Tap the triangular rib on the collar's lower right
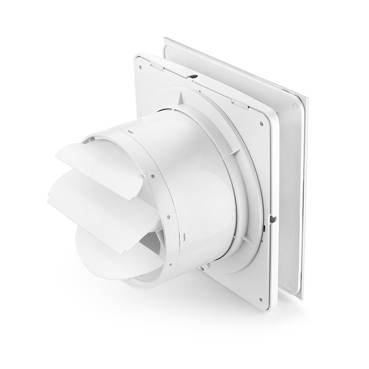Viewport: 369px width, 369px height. click(258, 227)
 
